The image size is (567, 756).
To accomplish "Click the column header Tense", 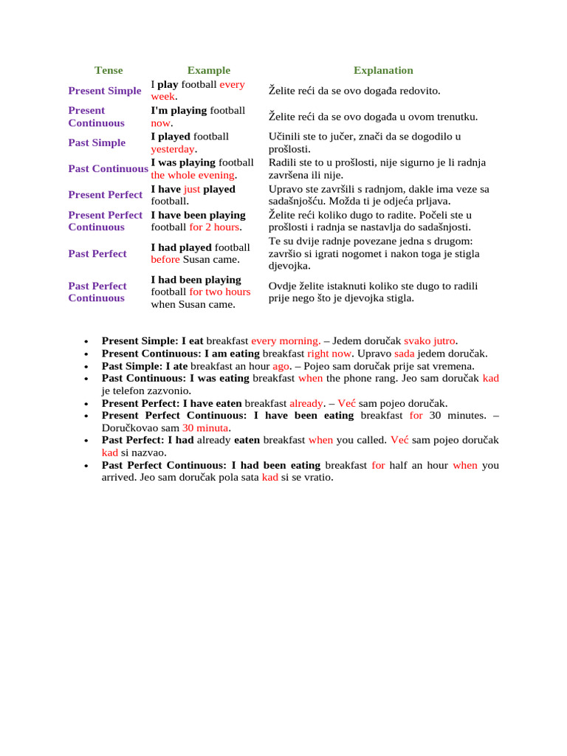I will click(x=109, y=70).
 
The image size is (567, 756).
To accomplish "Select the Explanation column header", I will click(x=383, y=70).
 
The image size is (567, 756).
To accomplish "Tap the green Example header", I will click(x=208, y=70).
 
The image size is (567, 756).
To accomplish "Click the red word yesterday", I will click(x=173, y=149).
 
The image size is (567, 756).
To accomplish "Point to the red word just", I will click(x=192, y=189).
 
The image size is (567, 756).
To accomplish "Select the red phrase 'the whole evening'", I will click(x=193, y=175).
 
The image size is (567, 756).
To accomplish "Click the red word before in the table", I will click(x=165, y=259).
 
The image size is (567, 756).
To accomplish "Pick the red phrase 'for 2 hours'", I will click(x=215, y=227).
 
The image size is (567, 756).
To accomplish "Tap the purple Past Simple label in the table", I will click(x=97, y=142).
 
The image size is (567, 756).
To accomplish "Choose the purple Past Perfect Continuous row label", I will click(x=97, y=292).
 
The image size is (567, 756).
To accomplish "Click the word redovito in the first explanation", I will click(x=416, y=91).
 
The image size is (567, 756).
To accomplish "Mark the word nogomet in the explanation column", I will click(x=382, y=253).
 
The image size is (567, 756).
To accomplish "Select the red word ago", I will click(x=281, y=365).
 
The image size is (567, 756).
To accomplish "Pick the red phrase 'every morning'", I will click(x=285, y=341).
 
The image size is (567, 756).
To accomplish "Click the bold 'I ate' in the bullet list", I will click(x=176, y=365).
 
